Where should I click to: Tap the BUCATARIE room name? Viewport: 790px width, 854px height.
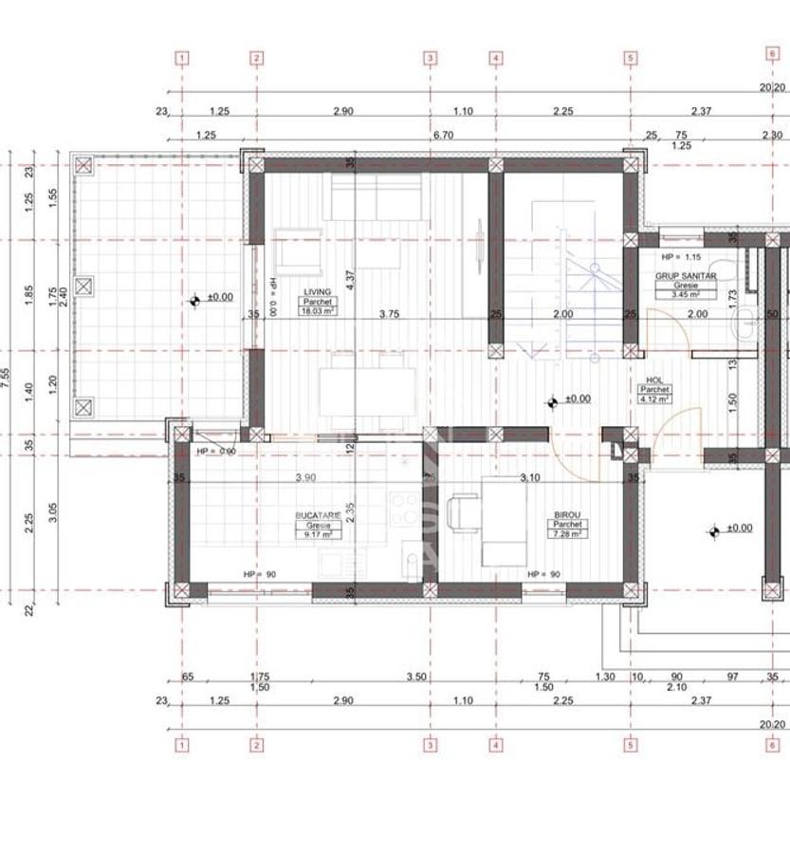317,514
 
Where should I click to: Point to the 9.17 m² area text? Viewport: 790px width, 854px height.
317,533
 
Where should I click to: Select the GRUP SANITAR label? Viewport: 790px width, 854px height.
685,275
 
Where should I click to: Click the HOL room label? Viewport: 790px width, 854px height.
654,380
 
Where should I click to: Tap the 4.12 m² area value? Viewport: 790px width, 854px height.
654,399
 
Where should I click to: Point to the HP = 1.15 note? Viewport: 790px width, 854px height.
681,257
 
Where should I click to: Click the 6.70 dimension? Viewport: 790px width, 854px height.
443,135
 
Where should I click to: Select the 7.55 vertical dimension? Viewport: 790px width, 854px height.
8,381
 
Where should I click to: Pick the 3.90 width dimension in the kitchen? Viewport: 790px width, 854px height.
305,477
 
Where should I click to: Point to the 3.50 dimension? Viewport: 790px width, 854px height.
414,678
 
